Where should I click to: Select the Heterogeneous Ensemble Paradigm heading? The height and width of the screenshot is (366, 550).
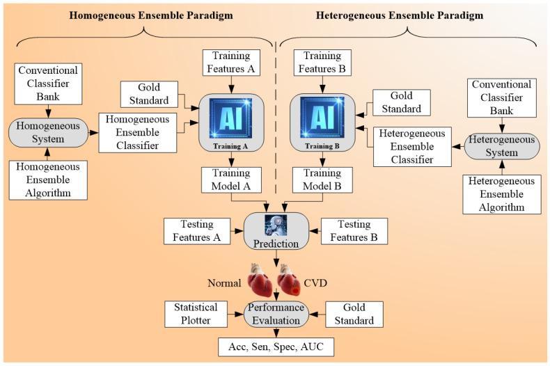(399, 15)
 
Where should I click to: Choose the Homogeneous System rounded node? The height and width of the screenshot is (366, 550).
(48, 132)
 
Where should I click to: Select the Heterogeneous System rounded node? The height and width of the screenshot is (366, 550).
(501, 147)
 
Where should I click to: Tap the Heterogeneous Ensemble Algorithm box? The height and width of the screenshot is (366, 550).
(501, 194)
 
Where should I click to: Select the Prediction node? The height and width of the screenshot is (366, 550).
(276, 232)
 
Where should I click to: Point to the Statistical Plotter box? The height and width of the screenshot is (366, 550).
(196, 315)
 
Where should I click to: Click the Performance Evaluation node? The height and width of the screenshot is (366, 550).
(276, 314)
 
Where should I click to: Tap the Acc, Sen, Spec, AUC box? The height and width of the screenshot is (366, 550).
(276, 346)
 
